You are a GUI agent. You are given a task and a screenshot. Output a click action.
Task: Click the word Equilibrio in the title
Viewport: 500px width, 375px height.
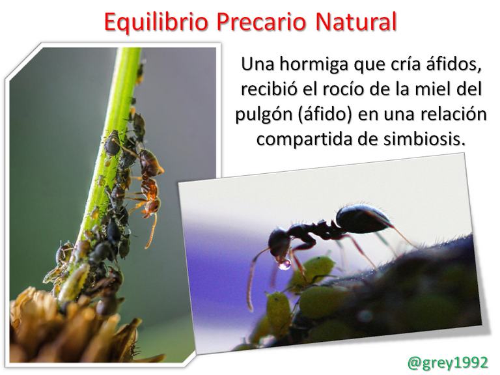pyautogui.click(x=156, y=22)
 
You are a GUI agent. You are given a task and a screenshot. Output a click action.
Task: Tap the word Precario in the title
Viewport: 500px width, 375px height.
pyautogui.click(x=261, y=21)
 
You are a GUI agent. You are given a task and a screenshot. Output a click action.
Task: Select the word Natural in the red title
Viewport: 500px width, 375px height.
pyautogui.click(x=356, y=21)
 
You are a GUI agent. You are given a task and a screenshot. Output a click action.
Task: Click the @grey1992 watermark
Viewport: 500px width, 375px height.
pyautogui.click(x=448, y=362)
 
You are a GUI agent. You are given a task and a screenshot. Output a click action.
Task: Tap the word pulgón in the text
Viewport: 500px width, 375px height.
pyautogui.click(x=264, y=115)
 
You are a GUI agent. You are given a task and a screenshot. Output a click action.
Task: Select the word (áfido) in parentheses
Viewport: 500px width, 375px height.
pyautogui.click(x=325, y=114)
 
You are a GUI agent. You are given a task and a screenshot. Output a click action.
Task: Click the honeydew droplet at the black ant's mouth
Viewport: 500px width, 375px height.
pyautogui.click(x=285, y=264)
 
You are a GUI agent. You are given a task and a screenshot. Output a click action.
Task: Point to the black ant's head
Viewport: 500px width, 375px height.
pyautogui.click(x=279, y=242)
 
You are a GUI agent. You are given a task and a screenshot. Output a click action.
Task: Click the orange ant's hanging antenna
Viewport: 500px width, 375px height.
pyautogui.click(x=152, y=231)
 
